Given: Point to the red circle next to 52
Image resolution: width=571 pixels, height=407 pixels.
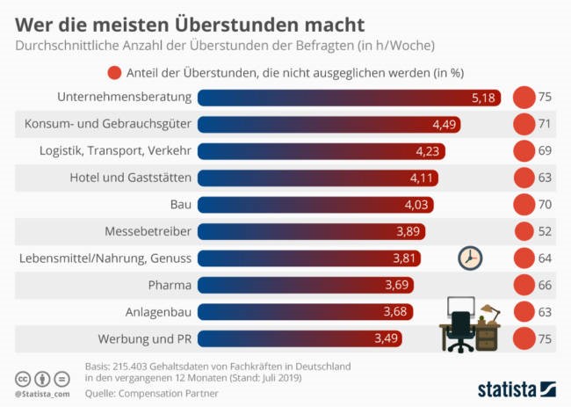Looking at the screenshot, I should [x=524, y=231].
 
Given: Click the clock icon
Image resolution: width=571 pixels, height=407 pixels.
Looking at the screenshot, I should [x=471, y=257].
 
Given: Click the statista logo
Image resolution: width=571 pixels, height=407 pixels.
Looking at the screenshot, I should [x=517, y=388].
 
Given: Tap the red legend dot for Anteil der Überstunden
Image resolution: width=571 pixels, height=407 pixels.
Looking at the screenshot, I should [x=113, y=73].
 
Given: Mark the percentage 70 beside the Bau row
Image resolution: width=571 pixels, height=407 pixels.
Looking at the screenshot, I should [x=545, y=205].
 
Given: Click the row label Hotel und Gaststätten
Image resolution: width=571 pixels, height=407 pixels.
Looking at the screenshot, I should [x=131, y=178].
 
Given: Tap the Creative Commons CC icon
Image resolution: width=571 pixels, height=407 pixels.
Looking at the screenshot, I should [x=22, y=378].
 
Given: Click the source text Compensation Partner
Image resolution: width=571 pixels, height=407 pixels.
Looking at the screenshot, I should [x=171, y=393].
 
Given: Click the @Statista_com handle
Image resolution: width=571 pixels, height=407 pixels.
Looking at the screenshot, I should [x=40, y=395].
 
